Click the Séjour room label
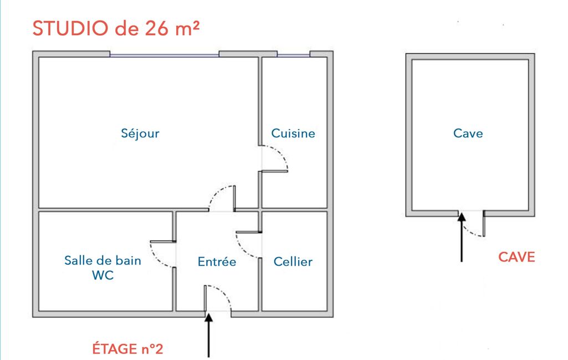[140, 133]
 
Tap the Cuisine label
[293, 133]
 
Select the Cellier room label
[293, 261]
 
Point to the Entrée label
[217, 261]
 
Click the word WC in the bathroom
[103, 275]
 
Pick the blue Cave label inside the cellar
[468, 133]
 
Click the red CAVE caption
[516, 257]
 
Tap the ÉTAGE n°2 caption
[127, 349]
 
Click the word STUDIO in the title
[70, 28]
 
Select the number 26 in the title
[157, 28]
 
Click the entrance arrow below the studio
[209, 335]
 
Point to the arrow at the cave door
[462, 237]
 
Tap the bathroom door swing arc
[156, 259]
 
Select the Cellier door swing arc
[242, 250]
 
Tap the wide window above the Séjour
[165, 55]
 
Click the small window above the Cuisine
[293, 55]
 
